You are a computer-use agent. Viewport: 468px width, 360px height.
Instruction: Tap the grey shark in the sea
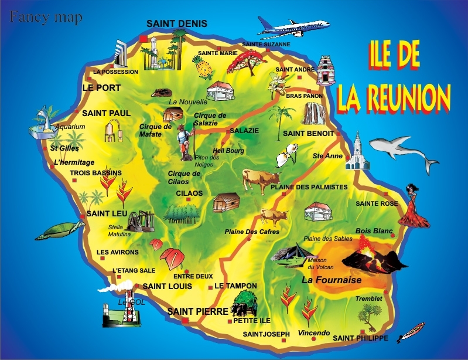(404, 152)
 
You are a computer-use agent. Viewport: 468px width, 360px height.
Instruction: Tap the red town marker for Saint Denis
(144, 39)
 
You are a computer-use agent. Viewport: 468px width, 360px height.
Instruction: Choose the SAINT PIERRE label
(195, 311)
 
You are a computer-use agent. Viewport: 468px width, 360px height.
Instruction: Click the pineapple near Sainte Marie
(204, 69)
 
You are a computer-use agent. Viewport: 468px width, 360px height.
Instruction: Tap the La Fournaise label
(331, 280)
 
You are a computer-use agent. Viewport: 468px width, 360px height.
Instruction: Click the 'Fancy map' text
(46, 17)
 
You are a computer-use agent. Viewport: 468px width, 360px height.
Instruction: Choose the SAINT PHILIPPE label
(360, 338)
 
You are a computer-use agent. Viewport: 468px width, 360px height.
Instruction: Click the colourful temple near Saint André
(324, 70)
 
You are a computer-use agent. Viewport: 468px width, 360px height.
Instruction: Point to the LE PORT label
(101, 88)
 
